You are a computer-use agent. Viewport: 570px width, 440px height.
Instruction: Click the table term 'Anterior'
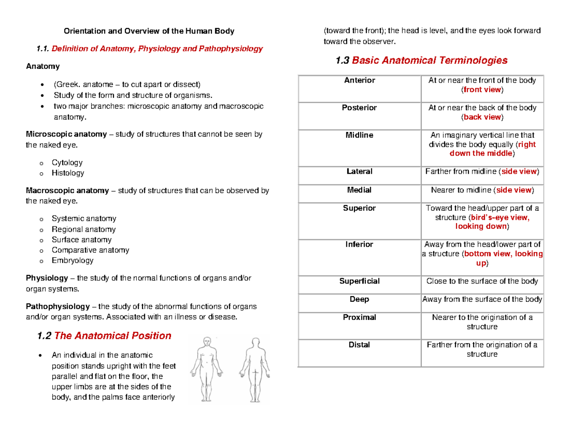(359, 80)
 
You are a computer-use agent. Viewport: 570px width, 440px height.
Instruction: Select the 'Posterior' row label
(359, 108)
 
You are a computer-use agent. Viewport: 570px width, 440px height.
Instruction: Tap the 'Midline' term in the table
(359, 135)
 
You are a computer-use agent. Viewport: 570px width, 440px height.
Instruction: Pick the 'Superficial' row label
(359, 281)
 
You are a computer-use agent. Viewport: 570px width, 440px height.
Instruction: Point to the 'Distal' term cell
(359, 345)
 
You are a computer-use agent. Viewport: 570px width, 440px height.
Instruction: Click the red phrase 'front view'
(482, 90)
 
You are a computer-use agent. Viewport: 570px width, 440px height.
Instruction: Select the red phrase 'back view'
(482, 117)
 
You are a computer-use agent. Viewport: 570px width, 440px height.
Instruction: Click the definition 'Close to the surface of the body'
(482, 281)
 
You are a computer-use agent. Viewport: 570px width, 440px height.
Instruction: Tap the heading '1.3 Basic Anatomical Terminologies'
(421, 60)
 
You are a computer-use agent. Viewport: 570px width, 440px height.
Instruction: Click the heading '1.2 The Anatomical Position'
(104, 336)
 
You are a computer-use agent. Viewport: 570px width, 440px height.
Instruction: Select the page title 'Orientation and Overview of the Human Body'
(149, 31)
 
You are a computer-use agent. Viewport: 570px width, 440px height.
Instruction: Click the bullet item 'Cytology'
(67, 162)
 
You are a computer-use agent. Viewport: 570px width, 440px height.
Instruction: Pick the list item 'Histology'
(68, 173)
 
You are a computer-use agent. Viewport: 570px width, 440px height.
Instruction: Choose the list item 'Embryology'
(73, 260)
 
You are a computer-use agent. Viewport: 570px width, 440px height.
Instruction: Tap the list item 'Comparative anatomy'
(90, 250)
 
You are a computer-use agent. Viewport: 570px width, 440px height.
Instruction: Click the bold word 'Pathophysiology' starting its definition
(57, 306)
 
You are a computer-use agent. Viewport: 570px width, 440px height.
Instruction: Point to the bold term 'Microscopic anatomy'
(66, 134)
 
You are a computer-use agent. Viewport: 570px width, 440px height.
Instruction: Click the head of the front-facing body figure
(207, 342)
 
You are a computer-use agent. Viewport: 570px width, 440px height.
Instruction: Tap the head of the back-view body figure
(256, 342)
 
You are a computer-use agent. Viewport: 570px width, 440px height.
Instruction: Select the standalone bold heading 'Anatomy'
(43, 66)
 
